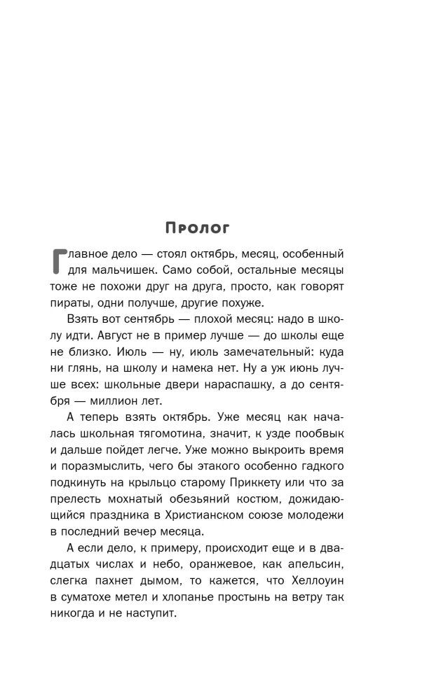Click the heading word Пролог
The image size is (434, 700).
[197, 228]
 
